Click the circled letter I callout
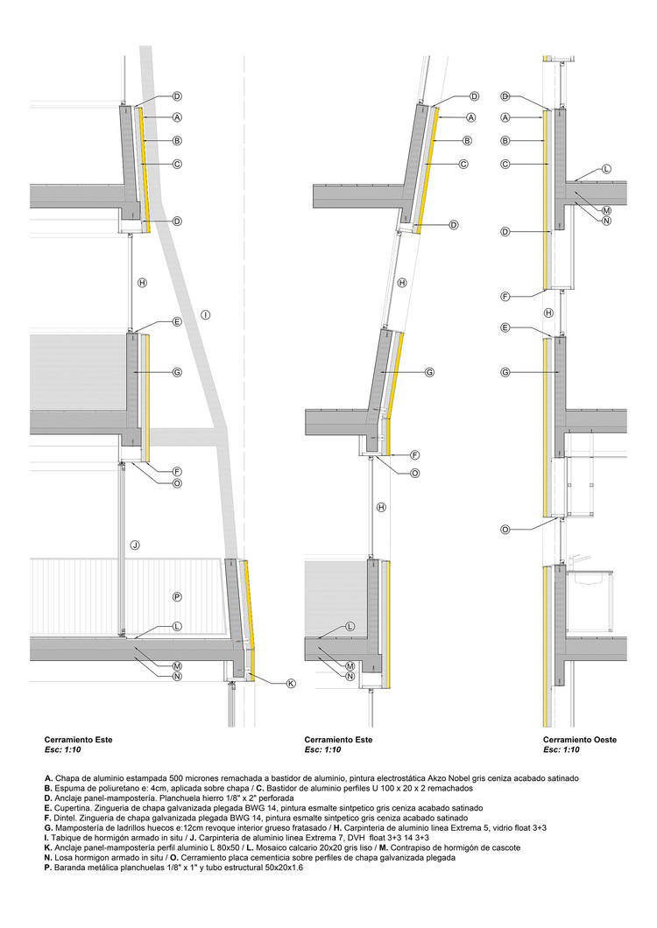tap(204, 314)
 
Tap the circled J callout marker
tap(135, 545)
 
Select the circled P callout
tap(177, 597)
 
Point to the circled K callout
tap(292, 684)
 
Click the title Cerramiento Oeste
tap(579, 740)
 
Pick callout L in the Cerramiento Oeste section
tap(606, 169)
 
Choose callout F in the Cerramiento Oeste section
tap(505, 297)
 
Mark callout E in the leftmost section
tap(177, 322)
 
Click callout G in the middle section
tap(430, 372)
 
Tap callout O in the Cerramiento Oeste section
tap(505, 530)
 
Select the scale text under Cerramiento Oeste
tap(562, 750)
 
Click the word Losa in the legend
tap(64, 857)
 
